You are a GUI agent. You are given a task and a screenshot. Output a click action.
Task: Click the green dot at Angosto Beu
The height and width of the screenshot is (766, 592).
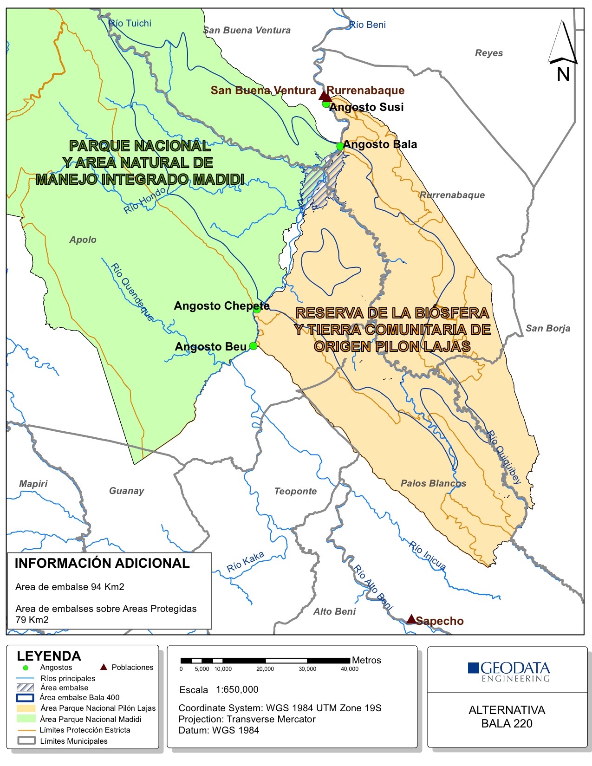coord(253,346)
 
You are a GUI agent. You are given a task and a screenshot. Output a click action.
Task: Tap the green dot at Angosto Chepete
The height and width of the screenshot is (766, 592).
coord(257,309)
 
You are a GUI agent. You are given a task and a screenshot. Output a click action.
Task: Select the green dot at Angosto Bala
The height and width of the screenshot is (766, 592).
coord(340,146)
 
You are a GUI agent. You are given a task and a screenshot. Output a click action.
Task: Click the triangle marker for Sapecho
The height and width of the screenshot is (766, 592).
coord(411,619)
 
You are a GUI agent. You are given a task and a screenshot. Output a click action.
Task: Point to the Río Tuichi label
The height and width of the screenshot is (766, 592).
coord(130,23)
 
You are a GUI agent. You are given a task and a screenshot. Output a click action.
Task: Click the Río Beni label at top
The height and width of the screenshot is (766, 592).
coord(367,25)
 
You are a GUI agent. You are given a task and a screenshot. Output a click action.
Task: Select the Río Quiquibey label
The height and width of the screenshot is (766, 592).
coord(504,457)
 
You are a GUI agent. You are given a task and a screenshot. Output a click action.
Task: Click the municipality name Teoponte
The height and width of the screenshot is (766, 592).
coord(295,491)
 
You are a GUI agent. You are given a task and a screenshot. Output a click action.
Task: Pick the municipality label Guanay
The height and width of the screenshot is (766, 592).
coord(126,491)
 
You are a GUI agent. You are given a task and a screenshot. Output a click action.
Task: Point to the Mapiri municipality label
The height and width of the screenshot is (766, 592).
coord(33,484)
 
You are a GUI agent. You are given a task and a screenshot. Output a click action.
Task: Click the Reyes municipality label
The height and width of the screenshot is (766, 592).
coord(488,53)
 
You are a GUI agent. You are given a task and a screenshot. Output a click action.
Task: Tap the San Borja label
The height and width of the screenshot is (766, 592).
coord(547,328)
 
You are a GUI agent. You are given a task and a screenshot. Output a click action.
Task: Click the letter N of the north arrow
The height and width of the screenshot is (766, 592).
coord(563,74)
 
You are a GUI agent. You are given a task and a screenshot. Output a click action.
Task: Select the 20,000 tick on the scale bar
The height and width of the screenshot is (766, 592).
coord(265,669)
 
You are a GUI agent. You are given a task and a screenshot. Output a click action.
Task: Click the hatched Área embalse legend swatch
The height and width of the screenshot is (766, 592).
coord(26,688)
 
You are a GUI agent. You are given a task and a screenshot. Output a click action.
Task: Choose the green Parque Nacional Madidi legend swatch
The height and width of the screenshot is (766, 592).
coord(26,719)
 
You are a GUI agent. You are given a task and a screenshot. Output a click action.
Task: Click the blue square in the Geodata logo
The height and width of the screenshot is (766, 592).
coord(473,668)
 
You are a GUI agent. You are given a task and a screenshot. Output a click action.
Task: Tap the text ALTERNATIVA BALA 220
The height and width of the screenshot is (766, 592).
coord(507,716)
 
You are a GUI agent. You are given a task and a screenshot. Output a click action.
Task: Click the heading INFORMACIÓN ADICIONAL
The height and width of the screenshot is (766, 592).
coord(102,563)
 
